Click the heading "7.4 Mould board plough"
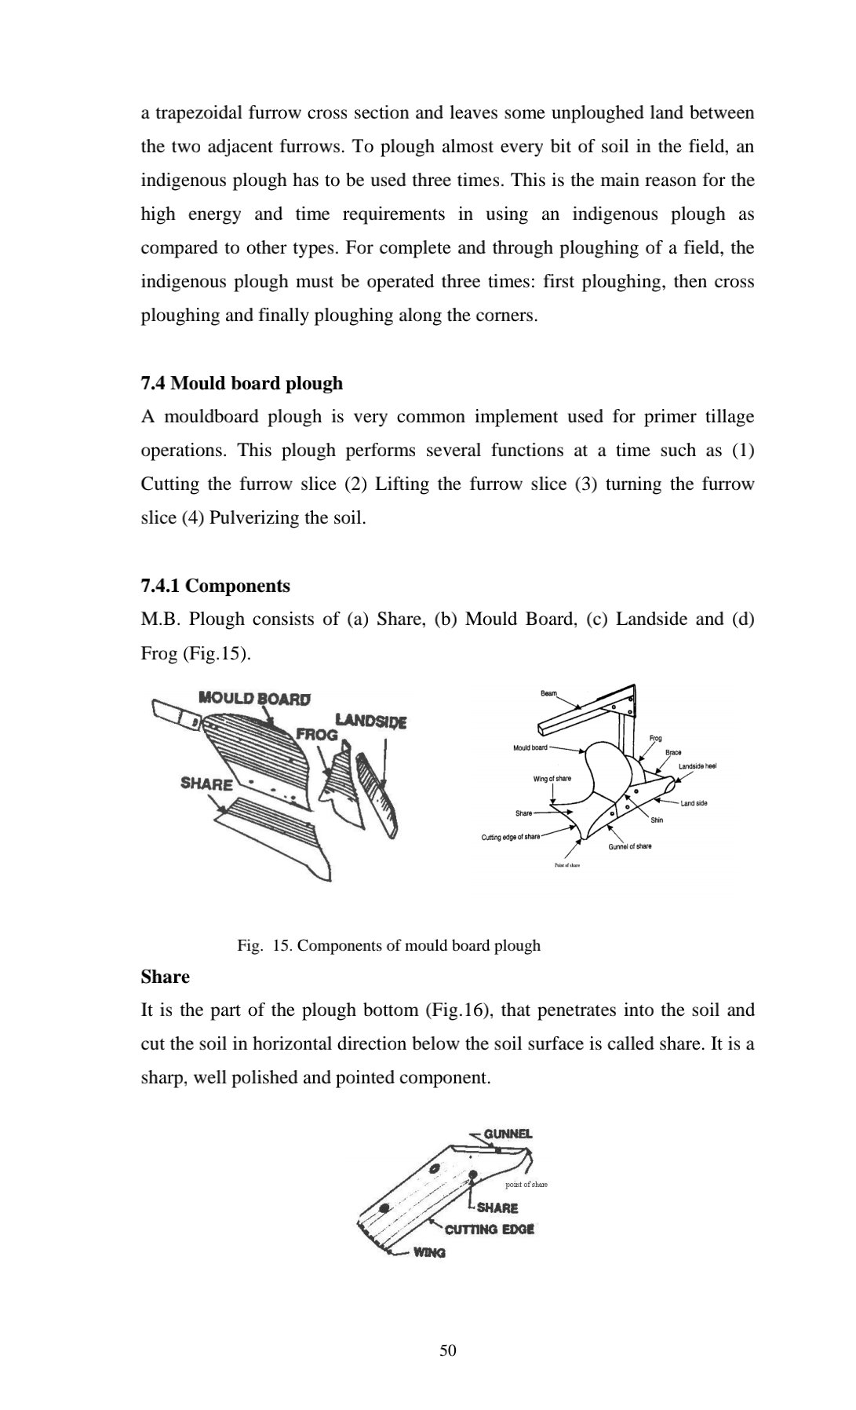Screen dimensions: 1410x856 [x=242, y=383]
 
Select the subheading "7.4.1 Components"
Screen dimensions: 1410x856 [x=215, y=586]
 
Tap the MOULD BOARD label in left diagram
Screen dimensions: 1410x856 [x=254, y=698]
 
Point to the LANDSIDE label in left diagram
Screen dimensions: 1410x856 [x=370, y=721]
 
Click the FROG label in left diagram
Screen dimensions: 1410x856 [x=316, y=735]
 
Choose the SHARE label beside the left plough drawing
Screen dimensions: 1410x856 [x=206, y=784]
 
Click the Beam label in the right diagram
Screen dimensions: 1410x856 [x=548, y=693]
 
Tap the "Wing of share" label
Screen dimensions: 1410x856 [x=552, y=778]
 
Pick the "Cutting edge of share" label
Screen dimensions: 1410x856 [x=510, y=837]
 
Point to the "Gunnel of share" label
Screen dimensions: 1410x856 [x=629, y=846]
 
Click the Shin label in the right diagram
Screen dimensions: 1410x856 [x=657, y=820]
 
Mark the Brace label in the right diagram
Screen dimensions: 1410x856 [x=673, y=752]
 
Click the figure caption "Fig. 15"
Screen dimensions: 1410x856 [x=388, y=945]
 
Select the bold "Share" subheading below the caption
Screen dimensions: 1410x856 [x=165, y=977]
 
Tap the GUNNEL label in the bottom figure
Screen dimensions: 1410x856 [x=508, y=1134]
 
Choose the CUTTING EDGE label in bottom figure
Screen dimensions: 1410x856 [x=490, y=1229]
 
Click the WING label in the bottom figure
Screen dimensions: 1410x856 [x=429, y=1253]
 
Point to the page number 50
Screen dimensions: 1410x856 [x=448, y=1350]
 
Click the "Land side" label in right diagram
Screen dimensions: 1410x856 [x=694, y=803]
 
